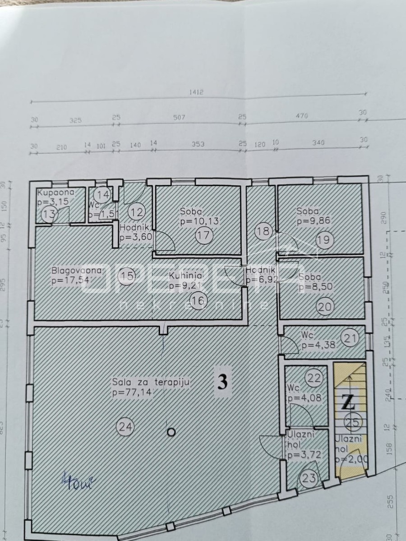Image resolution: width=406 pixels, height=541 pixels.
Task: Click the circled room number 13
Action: coord(51,214)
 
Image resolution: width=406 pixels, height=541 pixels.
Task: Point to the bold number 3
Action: coord(222,382)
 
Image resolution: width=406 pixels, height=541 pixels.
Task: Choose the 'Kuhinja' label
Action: coord(185,275)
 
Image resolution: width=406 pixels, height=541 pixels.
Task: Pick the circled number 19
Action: coord(323,240)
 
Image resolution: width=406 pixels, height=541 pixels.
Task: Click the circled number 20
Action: coord(325,307)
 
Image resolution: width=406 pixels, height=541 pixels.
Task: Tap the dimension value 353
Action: coord(198,144)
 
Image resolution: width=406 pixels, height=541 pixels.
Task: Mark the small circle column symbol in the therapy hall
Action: coord(171,432)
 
